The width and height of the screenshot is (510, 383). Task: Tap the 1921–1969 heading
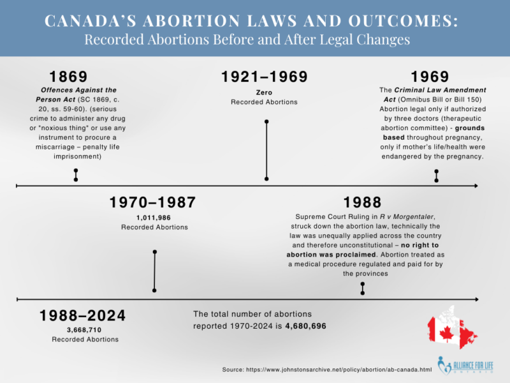point(264,77)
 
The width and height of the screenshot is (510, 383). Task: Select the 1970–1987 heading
point(152,202)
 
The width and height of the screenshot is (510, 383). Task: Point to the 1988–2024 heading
point(83,315)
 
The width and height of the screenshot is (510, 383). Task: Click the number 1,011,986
point(153,218)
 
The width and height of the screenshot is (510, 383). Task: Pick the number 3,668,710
point(83,330)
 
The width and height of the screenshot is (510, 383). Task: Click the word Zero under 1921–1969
point(264,93)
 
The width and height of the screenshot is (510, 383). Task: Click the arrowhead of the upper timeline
point(476,186)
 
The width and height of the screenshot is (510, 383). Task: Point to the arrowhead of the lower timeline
point(476,298)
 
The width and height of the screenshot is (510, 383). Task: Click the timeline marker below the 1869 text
point(76,175)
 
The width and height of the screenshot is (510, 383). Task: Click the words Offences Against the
point(75,91)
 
